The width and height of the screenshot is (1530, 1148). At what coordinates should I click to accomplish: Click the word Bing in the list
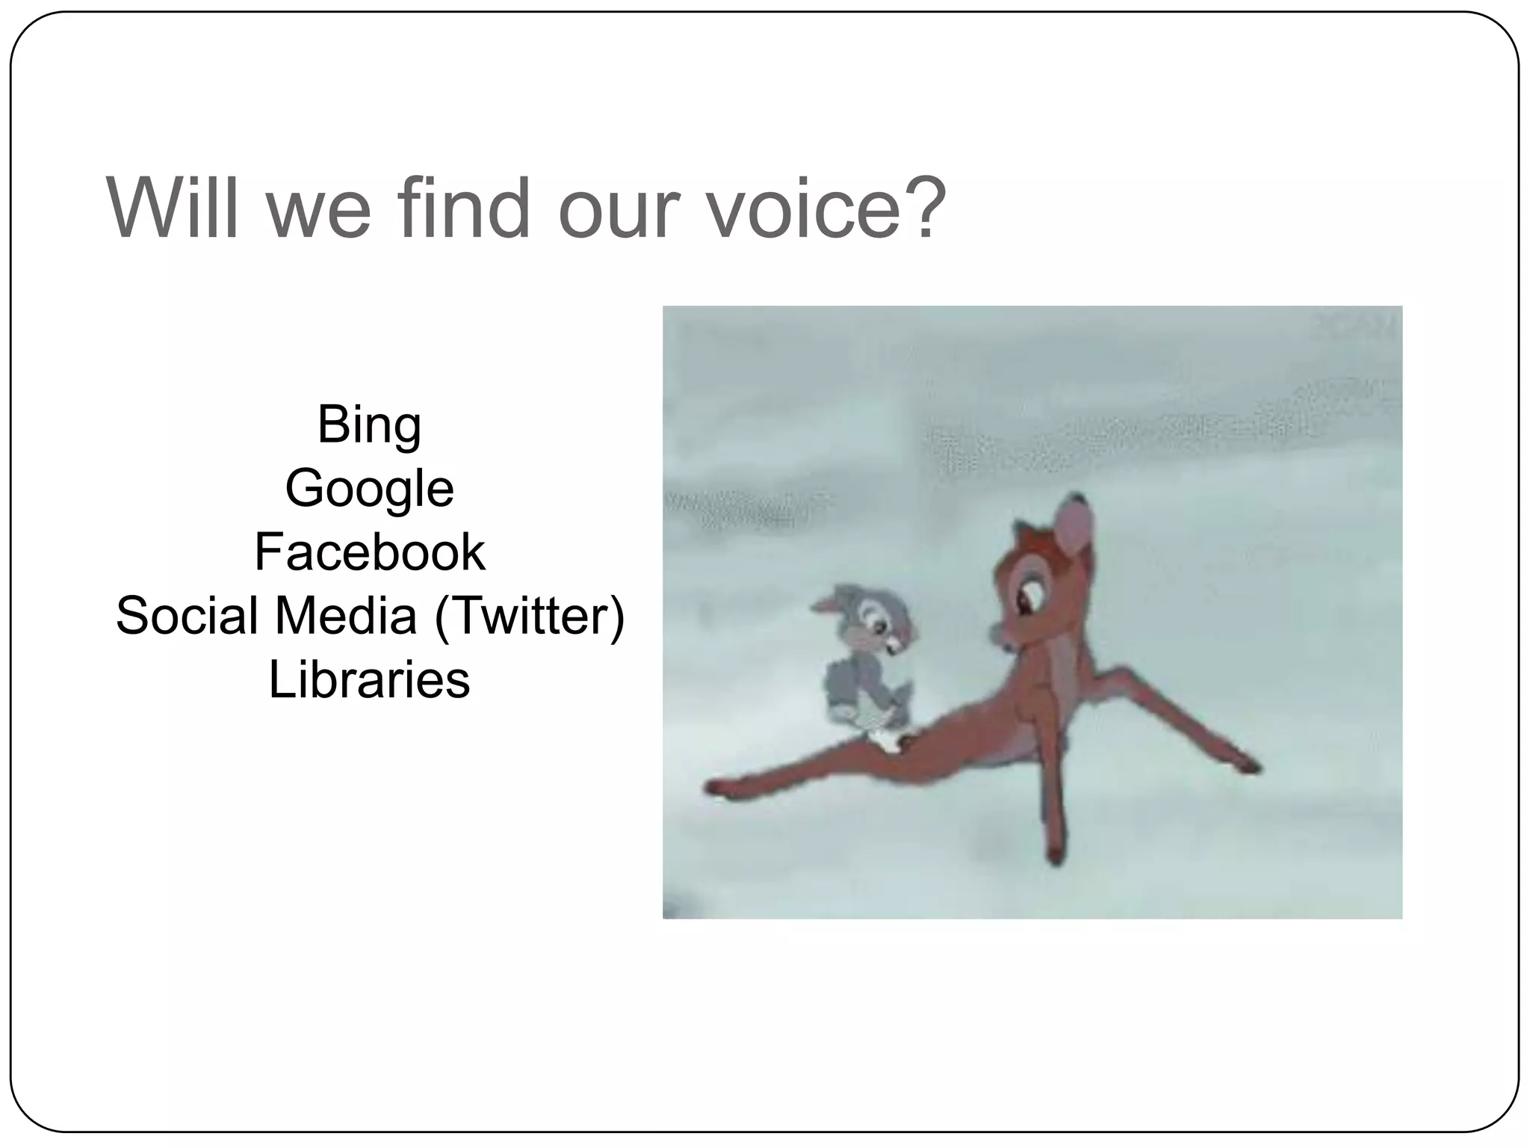pyautogui.click(x=369, y=425)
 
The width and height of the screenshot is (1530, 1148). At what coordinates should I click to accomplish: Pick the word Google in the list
pyautogui.click(x=369, y=489)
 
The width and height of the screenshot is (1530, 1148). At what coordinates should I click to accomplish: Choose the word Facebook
pyautogui.click(x=369, y=552)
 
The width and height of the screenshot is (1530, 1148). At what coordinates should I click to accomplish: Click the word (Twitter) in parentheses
pyautogui.click(x=529, y=616)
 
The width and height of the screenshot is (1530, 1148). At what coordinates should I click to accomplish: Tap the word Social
pyautogui.click(x=187, y=616)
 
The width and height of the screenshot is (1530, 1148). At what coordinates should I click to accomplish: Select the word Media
pyautogui.click(x=345, y=616)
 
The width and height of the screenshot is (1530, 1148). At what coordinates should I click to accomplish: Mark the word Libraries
pyautogui.click(x=369, y=679)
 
